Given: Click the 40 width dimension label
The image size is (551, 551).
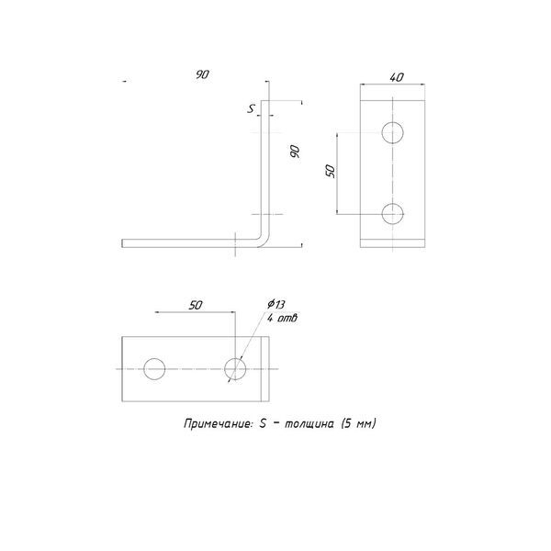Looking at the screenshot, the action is [x=397, y=77].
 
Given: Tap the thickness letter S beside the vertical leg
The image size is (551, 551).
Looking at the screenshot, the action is [x=251, y=109].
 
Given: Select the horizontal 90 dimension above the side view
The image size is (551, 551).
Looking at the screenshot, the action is [x=202, y=74].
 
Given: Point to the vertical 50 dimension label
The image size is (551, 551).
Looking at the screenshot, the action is [x=331, y=171].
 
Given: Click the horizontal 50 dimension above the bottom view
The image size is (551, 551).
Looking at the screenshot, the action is [x=196, y=306].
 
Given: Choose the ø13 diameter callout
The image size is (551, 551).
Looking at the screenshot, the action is [x=275, y=304].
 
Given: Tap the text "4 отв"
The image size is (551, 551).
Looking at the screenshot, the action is [x=282, y=318].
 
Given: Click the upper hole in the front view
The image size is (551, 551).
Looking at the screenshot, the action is [x=392, y=132].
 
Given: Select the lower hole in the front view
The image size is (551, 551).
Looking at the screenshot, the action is [x=392, y=214].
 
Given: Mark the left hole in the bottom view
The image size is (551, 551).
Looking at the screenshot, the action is [x=154, y=369].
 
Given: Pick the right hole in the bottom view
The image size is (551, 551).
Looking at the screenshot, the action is [x=235, y=369].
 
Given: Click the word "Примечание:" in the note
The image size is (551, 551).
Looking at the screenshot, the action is [x=219, y=423].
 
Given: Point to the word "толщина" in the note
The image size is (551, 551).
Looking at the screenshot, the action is [x=309, y=424].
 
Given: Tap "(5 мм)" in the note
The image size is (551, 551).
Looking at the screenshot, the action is [x=358, y=423].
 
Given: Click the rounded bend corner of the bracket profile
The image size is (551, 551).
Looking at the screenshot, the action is [x=264, y=242].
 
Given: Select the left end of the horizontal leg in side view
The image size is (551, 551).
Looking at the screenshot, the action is [x=122, y=243].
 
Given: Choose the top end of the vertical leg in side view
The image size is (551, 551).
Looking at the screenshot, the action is [x=265, y=101].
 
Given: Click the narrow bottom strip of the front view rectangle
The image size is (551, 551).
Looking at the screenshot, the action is [x=392, y=243].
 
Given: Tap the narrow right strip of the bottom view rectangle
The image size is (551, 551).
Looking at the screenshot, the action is [x=265, y=369].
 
